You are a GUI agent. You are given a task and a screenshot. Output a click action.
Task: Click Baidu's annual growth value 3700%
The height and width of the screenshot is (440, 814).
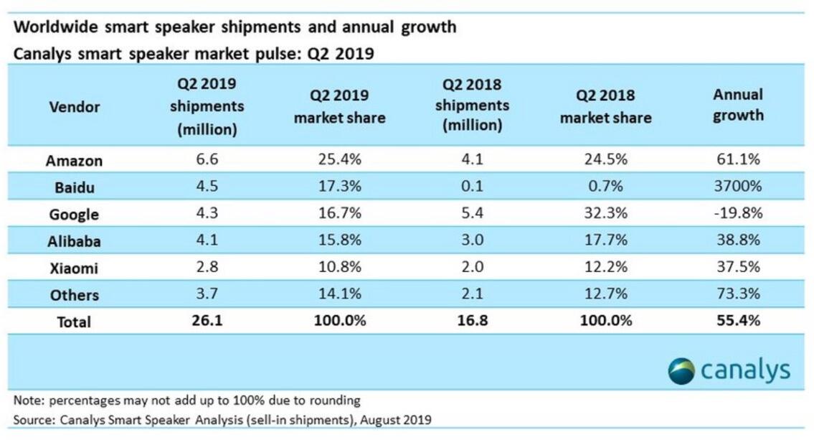[738, 187]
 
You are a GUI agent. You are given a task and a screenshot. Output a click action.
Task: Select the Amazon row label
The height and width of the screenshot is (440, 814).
[74, 161]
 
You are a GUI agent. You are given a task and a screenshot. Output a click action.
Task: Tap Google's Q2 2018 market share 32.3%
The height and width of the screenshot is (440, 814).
[605, 214]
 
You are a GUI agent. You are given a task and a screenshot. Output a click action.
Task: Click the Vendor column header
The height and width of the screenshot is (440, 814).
[75, 107]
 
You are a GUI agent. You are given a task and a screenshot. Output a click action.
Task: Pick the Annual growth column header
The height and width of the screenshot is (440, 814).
[738, 105]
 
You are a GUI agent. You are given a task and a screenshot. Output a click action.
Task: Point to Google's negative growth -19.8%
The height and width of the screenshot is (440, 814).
[738, 214]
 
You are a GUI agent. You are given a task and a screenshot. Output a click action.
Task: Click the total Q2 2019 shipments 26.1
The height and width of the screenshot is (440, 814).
[207, 321]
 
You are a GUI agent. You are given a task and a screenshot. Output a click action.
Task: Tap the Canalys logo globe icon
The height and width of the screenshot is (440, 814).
[681, 371]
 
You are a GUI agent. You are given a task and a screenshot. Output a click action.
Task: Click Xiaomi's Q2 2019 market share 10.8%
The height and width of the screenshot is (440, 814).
[339, 268]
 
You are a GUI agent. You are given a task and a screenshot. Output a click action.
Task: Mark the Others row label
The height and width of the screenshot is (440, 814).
[75, 295]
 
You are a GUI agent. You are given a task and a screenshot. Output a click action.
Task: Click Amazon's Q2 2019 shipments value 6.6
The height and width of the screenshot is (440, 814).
[207, 160]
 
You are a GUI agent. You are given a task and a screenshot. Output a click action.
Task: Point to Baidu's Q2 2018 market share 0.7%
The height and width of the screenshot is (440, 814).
[605, 187]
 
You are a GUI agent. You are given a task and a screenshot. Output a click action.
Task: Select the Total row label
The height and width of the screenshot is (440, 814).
[74, 322]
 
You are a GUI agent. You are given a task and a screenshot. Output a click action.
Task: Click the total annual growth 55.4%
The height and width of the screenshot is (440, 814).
[738, 321]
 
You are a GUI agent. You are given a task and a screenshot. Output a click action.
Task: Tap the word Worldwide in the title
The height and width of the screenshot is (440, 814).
[55, 28]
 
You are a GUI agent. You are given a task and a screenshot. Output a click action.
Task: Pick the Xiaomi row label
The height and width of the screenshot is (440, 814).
[74, 268]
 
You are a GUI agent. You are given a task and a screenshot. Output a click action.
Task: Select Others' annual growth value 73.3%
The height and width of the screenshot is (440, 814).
[738, 294]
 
